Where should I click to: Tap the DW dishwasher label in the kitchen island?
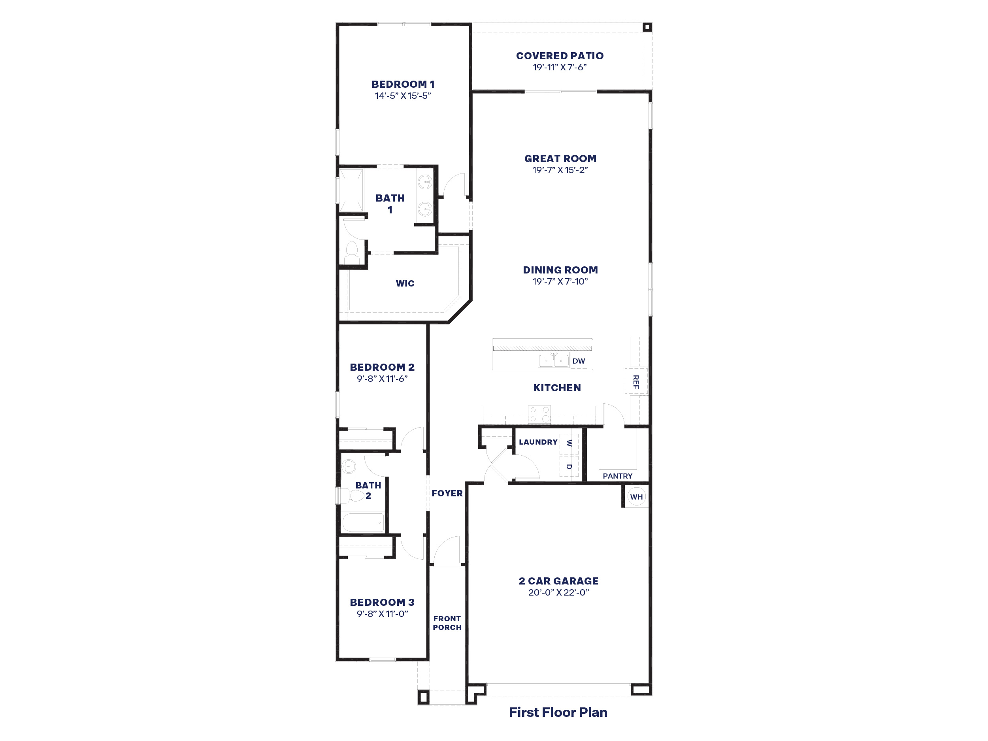point(579,361)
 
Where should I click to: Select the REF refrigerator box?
point(636,381)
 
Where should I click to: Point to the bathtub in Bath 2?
point(363,522)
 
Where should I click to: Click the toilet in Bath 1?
point(352,254)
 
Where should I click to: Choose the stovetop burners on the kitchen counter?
point(539,414)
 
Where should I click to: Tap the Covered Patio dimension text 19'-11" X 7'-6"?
point(559,68)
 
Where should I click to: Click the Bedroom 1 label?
point(402,84)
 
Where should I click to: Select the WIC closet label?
point(405,283)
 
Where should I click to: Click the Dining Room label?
point(560,270)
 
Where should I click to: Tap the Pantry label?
point(617,476)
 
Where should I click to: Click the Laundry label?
point(538,442)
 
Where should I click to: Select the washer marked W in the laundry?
point(569,443)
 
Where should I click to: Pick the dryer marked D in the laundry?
point(569,467)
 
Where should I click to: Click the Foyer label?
point(447,493)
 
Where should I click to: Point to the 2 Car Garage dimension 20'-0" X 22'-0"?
point(558,593)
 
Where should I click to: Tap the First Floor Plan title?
point(558,713)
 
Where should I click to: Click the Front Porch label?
point(447,622)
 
